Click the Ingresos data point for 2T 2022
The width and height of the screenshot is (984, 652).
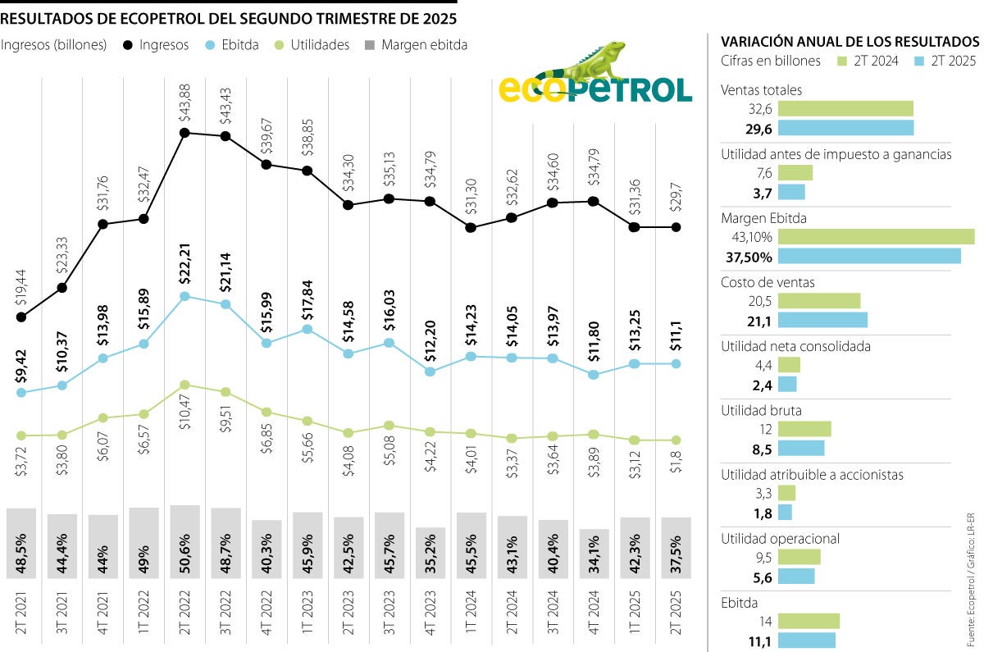(185, 132)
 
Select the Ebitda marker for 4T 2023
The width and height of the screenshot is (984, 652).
(430, 372)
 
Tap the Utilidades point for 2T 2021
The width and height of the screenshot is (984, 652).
(21, 435)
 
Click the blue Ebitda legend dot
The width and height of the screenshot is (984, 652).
(210, 45)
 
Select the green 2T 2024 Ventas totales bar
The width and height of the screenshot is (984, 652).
(845, 108)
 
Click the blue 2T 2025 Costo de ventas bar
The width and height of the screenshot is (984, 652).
(822, 320)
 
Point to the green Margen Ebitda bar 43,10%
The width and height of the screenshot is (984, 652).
(876, 237)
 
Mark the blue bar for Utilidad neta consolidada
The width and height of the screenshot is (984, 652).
(786, 384)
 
